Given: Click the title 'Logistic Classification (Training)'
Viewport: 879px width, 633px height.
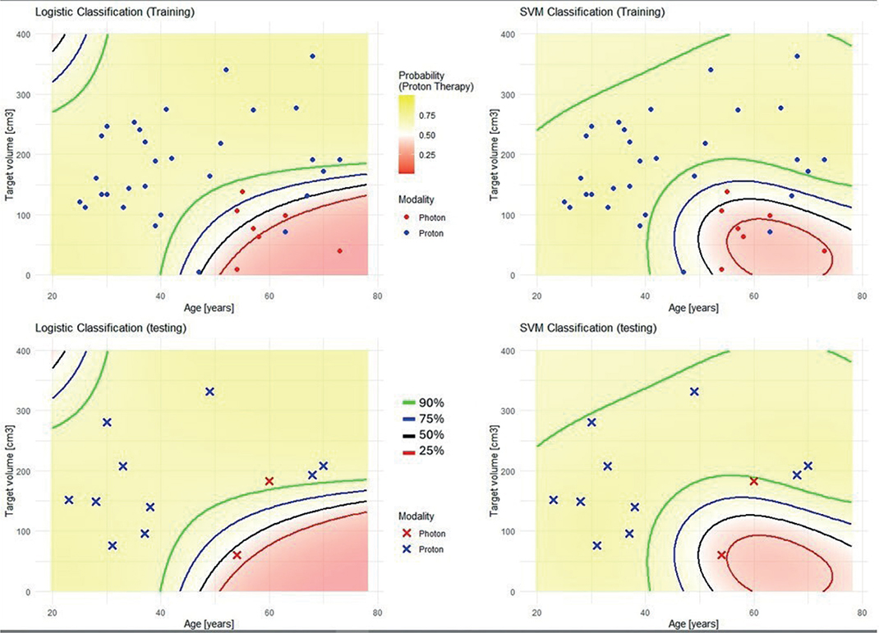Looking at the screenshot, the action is [114, 11].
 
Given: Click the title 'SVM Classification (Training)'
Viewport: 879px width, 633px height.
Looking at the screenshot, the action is [592, 11].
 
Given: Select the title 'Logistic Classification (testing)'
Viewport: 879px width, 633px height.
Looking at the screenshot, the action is [110, 328].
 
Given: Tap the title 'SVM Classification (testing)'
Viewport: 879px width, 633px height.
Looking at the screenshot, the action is [588, 328].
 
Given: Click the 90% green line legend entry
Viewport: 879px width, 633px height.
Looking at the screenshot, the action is [423, 403].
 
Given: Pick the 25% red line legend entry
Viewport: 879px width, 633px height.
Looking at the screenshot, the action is [423, 451].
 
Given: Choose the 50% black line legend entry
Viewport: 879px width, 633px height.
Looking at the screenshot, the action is [423, 434].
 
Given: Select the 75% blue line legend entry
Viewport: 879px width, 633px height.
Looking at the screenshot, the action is [423, 419].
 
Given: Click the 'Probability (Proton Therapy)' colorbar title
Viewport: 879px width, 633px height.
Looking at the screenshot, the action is [435, 80].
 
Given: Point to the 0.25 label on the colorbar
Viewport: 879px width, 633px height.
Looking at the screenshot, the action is [427, 155].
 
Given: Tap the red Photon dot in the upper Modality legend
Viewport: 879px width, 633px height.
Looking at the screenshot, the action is [407, 218].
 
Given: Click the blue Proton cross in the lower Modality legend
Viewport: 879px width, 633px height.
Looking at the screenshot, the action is [407, 549].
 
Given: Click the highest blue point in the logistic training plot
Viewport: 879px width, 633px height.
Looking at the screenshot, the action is [313, 57].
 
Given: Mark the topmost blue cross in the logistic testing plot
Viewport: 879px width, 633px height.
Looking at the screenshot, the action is [209, 392].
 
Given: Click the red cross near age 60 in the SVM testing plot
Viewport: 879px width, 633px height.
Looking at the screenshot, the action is [754, 481].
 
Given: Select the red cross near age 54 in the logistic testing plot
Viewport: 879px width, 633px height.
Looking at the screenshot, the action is [237, 555].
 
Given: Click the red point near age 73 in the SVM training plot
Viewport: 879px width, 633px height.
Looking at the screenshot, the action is [824, 251].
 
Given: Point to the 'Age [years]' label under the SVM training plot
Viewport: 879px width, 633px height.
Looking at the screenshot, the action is [693, 308].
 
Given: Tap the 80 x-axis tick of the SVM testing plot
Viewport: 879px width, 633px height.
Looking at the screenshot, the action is [863, 612].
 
